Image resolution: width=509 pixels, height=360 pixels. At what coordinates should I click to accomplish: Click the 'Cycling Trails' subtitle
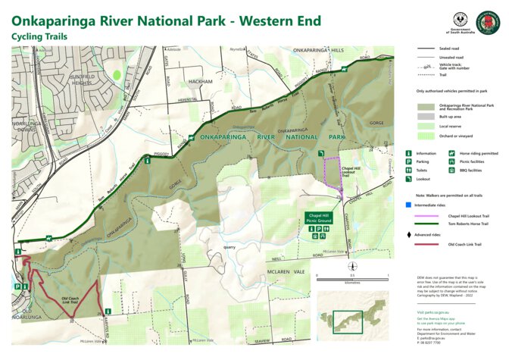click(40, 36)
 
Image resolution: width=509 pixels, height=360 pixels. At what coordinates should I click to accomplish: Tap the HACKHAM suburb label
click(201, 80)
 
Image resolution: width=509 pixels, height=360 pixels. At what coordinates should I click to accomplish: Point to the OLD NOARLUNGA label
click(33, 315)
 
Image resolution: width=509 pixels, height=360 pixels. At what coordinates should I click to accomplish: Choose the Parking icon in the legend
click(410, 161)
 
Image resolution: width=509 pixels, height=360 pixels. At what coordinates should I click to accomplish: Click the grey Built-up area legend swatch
click(426, 116)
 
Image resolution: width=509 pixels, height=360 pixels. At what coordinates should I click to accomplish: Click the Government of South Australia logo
click(460, 23)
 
